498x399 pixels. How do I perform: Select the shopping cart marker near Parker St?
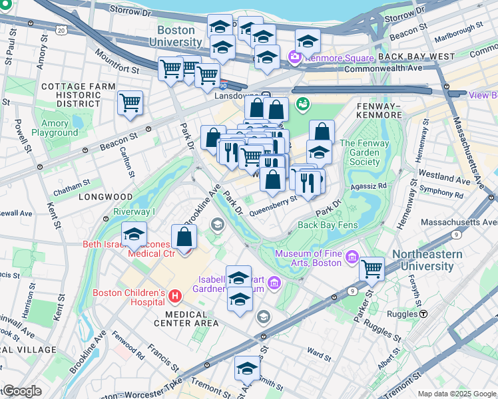point(372,269)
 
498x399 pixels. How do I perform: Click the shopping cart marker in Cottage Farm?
point(130,102)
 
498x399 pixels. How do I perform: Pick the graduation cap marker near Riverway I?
point(134,234)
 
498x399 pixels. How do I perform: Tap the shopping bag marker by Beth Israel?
point(184,237)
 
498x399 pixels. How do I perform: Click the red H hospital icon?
point(175,295)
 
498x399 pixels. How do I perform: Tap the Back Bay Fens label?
point(328,225)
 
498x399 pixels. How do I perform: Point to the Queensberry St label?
point(272,210)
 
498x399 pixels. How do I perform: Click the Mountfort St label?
point(117,61)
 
